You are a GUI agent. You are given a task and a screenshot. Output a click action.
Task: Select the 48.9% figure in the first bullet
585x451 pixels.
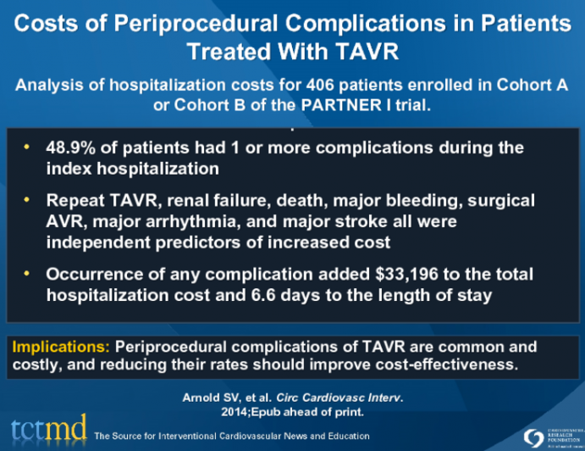coord(72,147)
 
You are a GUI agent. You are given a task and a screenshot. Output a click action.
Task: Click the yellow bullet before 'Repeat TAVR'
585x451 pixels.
coord(29,200)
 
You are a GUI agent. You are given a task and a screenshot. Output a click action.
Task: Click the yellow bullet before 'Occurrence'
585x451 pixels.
coord(29,275)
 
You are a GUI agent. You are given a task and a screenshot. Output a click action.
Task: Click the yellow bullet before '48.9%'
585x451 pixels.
coord(29,147)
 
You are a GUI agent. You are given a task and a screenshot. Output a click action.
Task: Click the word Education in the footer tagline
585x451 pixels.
coord(345,437)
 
